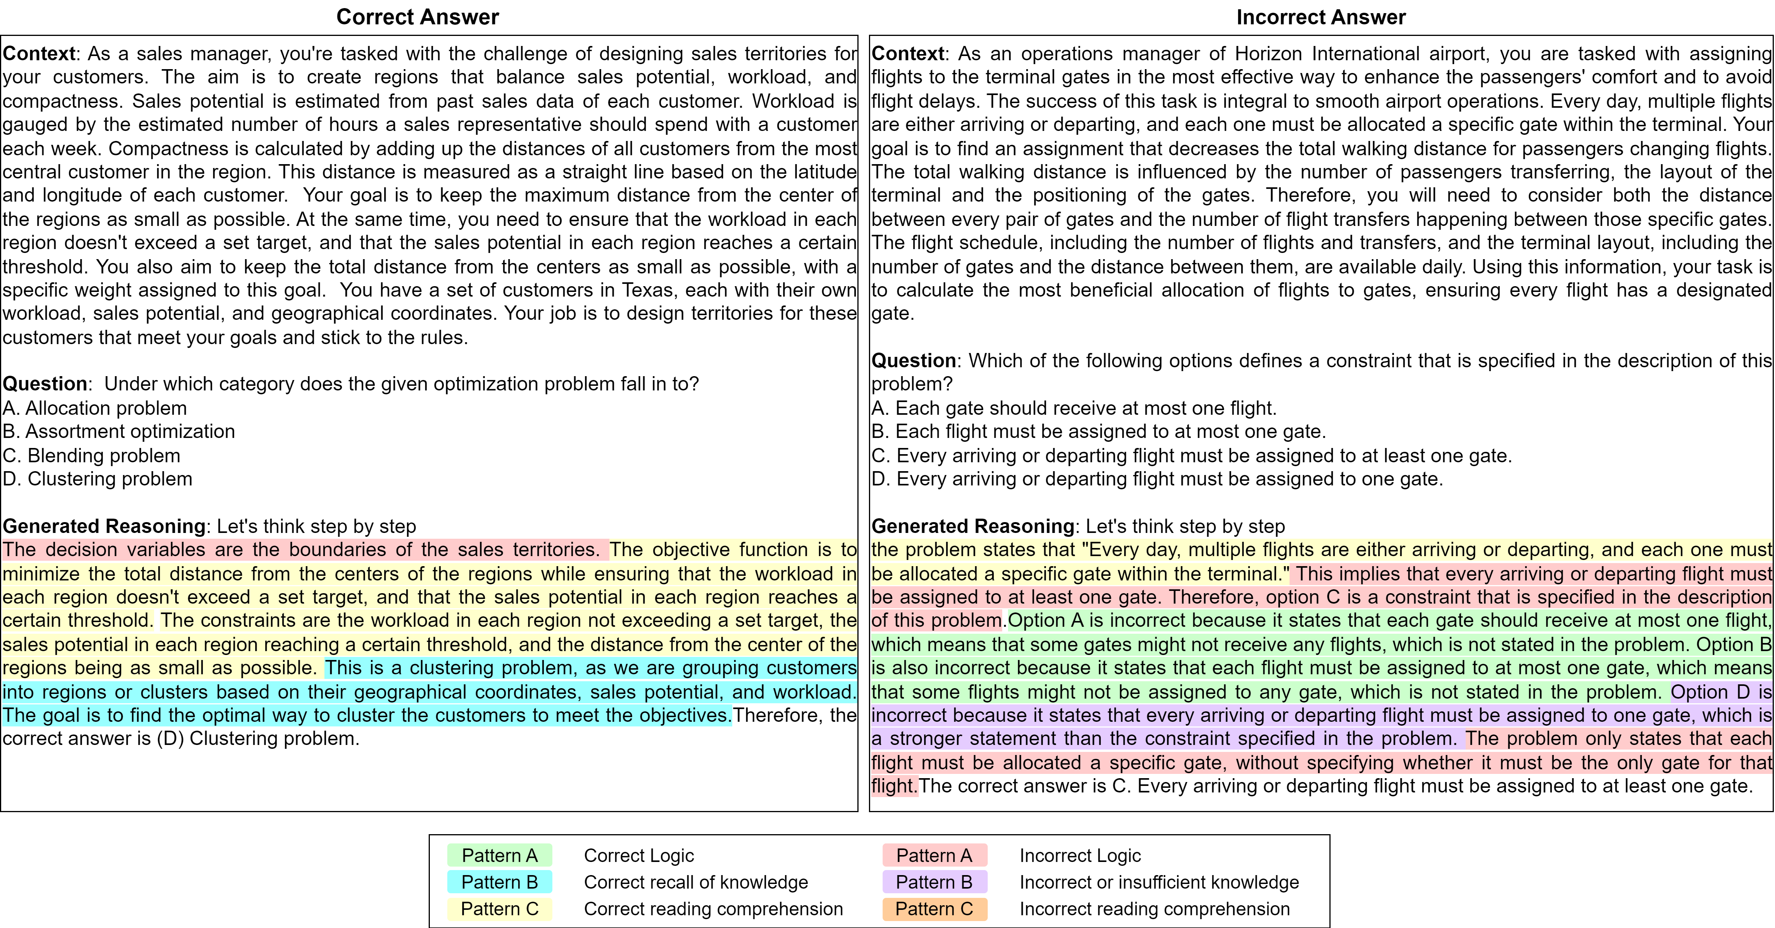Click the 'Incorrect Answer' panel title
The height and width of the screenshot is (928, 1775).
click(x=1320, y=17)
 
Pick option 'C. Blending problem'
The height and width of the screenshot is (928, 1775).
click(x=92, y=455)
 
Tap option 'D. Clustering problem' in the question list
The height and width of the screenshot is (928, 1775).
click(x=97, y=479)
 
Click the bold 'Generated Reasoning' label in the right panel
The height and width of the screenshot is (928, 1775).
click(x=972, y=526)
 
